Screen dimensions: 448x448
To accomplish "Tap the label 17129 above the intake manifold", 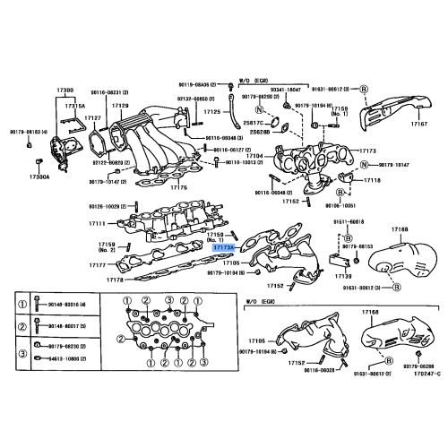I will pos(121,106).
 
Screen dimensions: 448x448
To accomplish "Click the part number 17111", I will pos(98,223).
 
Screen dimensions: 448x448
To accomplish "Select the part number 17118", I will pos(372,181).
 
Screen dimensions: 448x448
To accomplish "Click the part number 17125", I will pos(211,112).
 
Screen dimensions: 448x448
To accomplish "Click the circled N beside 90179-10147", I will pos(366,165).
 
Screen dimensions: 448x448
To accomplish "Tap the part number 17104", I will pos(254,156).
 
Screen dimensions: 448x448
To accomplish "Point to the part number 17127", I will pos(93,116).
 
